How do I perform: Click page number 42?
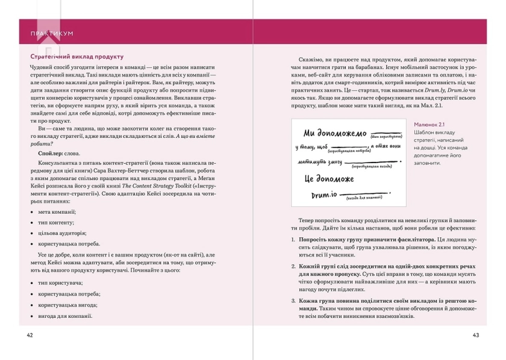tap(30, 335)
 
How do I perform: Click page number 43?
tap(475, 335)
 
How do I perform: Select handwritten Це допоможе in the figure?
tap(333, 179)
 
